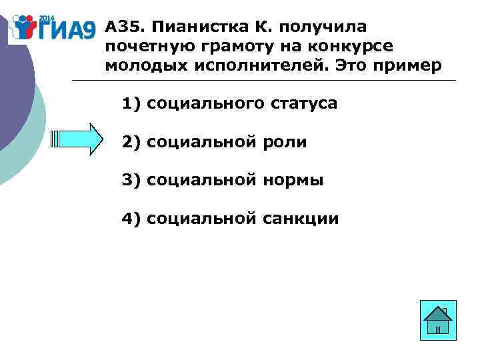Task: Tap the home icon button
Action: pos(438,321)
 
